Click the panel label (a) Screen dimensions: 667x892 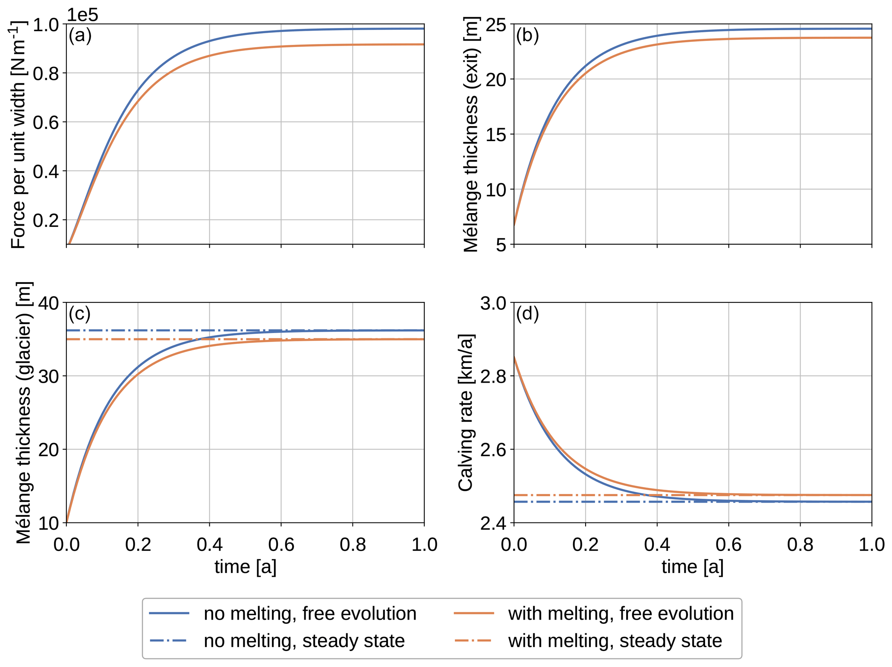point(80,35)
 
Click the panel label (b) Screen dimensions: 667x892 point(527,35)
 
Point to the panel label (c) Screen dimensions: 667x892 point(80,314)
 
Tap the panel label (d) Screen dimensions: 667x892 point(527,314)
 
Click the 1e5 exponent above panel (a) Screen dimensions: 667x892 point(82,15)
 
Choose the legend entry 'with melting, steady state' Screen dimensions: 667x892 point(615,641)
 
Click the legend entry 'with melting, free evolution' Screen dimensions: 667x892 point(621,614)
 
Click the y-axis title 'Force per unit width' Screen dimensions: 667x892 point(19,135)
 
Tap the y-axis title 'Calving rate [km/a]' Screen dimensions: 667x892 point(466,412)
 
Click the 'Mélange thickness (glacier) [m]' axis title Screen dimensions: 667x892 point(24,412)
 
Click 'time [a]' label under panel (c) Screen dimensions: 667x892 point(245,567)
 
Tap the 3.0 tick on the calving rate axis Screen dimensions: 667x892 point(493,303)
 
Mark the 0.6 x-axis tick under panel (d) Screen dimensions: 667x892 point(728,545)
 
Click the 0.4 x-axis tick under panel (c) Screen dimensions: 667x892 point(209,545)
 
